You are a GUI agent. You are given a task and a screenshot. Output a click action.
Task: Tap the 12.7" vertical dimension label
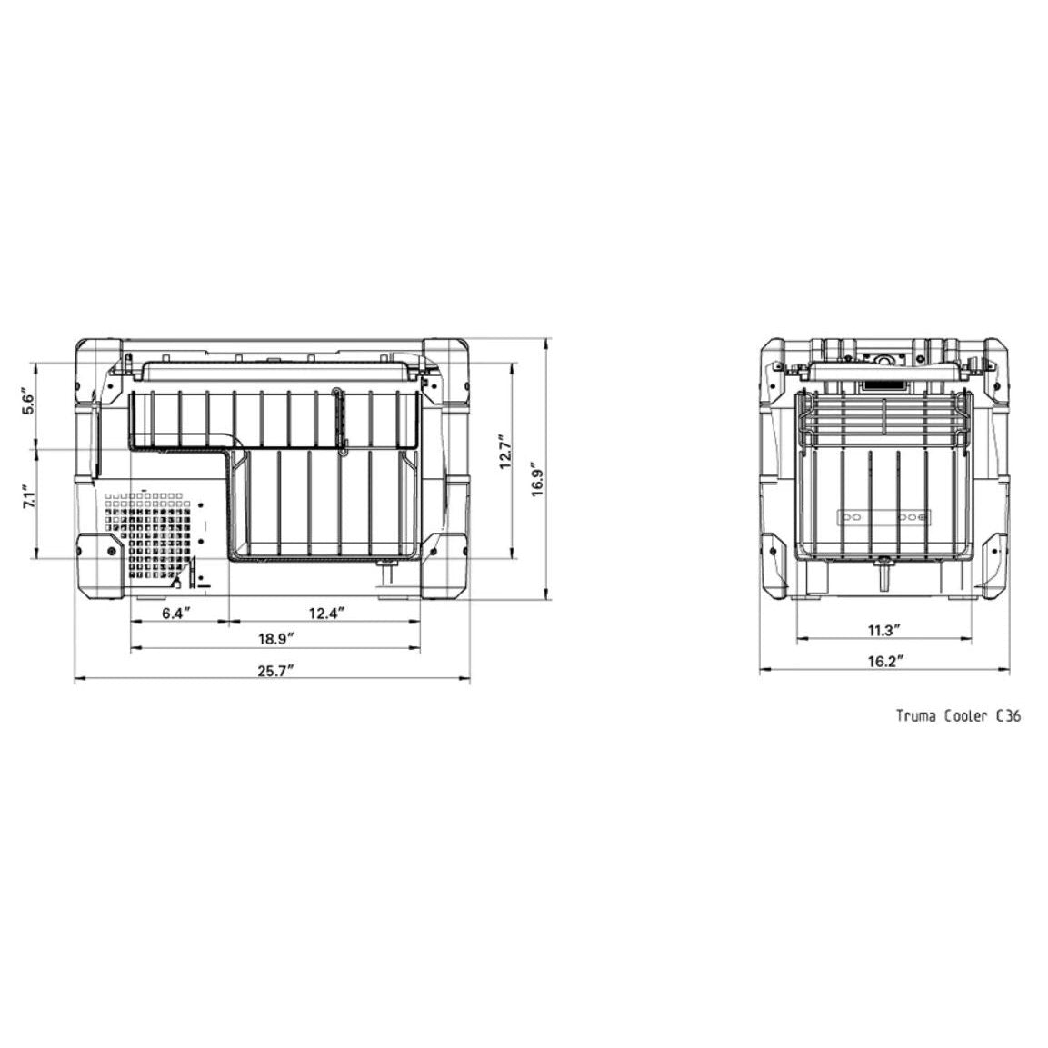(506, 452)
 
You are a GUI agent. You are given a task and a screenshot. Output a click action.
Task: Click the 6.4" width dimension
(176, 613)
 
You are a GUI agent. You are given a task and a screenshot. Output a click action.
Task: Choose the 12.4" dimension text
(327, 613)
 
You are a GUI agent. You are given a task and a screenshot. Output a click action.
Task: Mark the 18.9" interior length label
(276, 639)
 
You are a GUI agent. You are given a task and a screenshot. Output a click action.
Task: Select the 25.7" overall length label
(276, 670)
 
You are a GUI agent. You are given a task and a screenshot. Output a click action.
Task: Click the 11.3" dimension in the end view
(884, 630)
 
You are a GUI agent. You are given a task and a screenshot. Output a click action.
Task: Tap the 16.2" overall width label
(885, 662)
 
